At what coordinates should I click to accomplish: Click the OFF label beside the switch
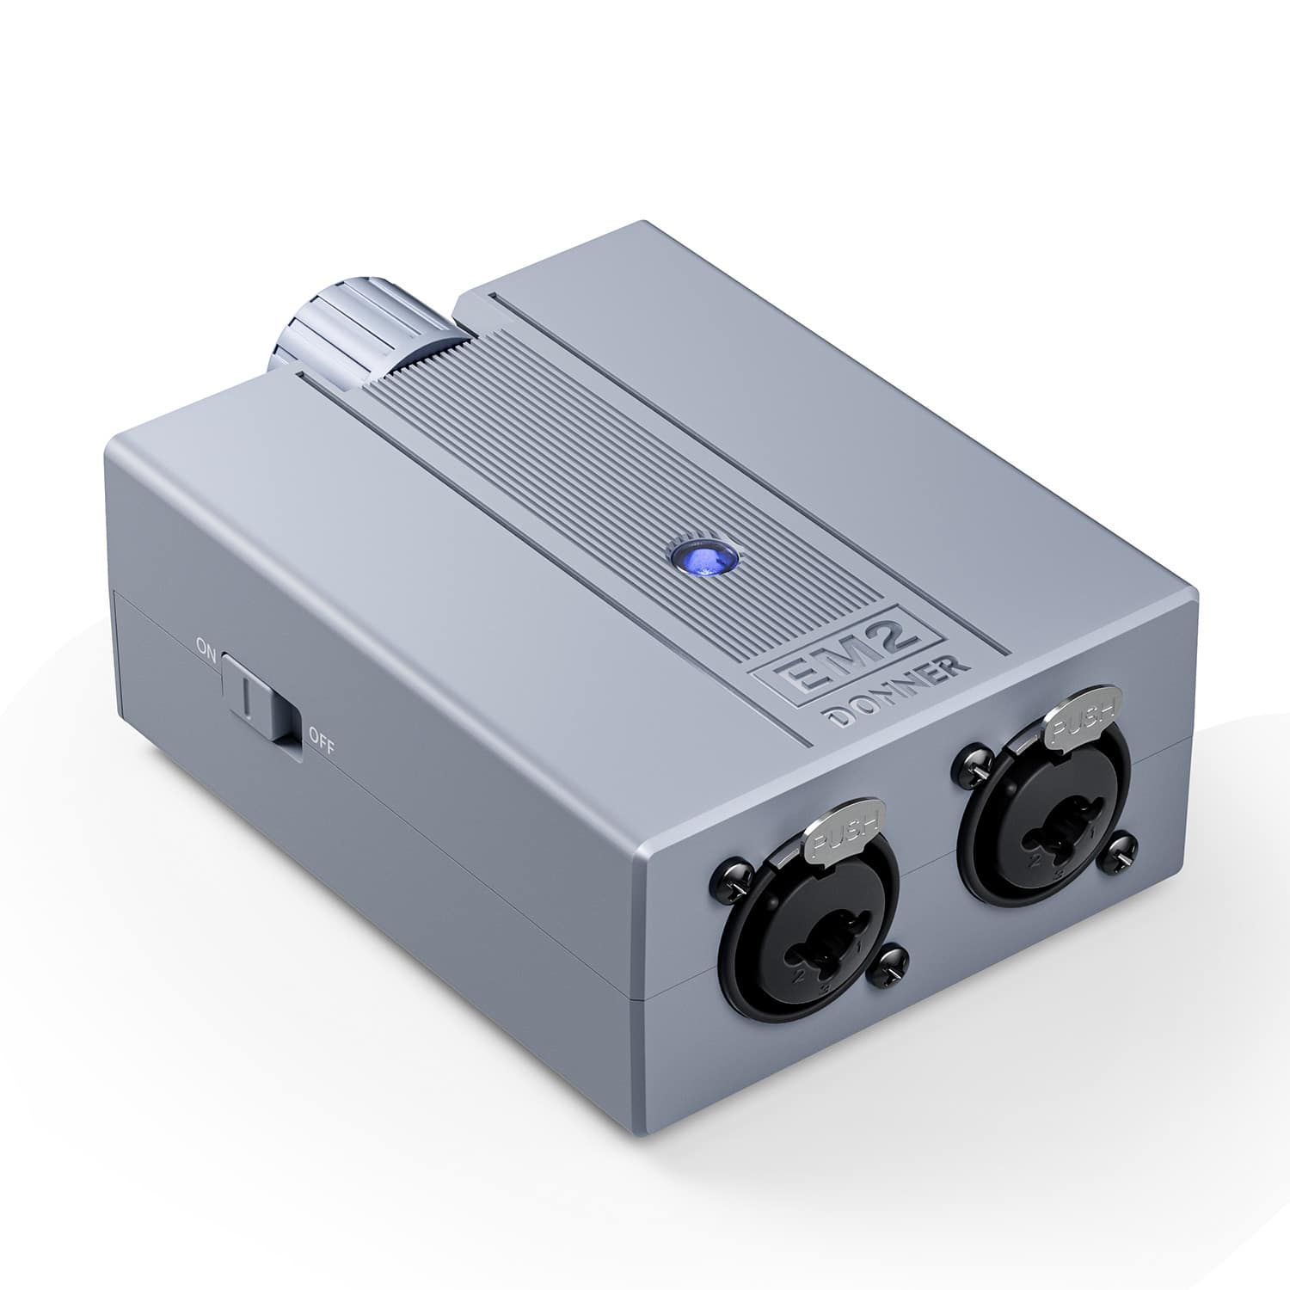(x=319, y=736)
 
